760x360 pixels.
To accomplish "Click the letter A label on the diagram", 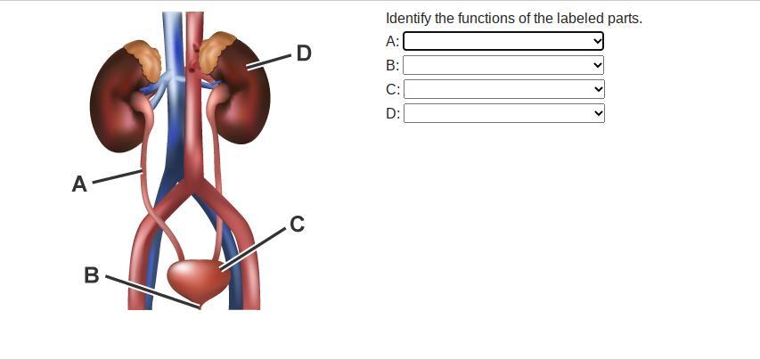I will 79,184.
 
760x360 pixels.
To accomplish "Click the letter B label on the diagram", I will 91,275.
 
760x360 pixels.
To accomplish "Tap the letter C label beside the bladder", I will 298,225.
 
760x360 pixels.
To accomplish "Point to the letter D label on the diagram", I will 304,53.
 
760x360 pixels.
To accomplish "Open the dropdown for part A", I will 503,41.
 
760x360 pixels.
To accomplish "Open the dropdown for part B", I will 503,65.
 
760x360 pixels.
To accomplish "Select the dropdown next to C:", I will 503,89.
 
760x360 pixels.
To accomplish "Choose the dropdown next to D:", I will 503,113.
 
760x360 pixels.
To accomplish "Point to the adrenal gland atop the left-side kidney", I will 143,57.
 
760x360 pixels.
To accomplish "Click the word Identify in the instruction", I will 408,18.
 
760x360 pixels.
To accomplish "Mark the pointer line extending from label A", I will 118,176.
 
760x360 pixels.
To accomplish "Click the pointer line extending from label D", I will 269,61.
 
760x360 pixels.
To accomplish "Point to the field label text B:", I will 392,65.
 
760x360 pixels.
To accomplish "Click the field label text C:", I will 392,89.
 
